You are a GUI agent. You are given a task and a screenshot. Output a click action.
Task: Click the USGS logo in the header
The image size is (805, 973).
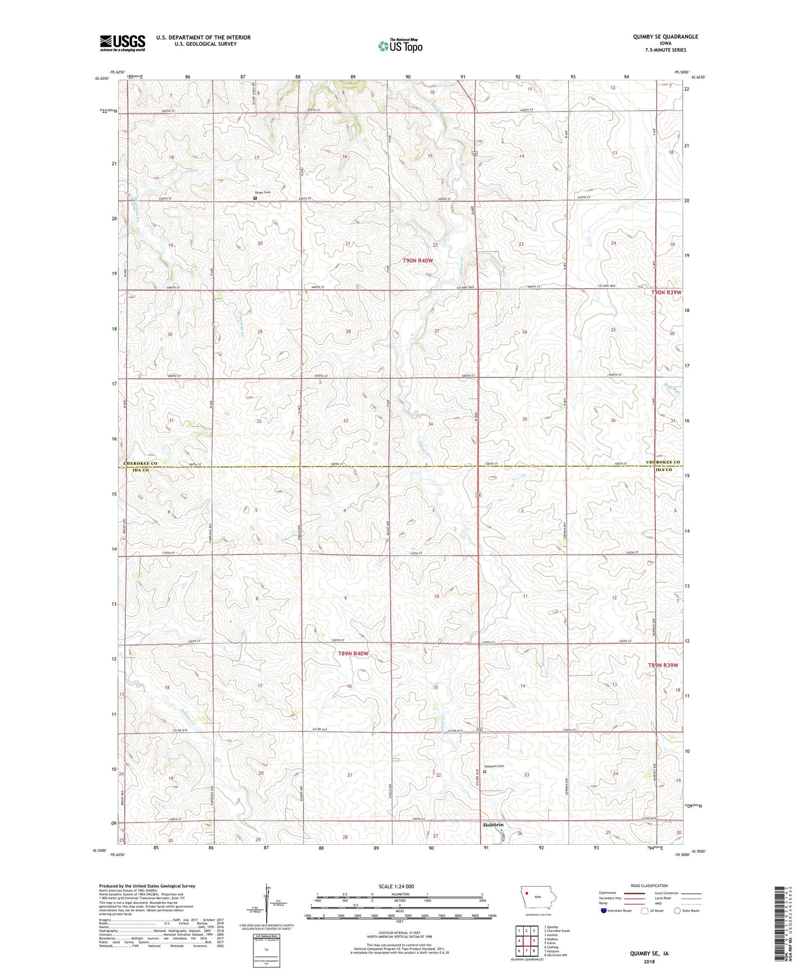pos(123,42)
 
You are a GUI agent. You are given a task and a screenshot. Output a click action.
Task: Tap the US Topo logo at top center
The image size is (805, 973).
pos(400,46)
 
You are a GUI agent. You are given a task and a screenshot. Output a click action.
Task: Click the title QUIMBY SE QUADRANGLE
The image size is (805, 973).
pos(665,37)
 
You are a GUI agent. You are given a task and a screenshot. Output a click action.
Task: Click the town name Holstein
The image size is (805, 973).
pos(493,825)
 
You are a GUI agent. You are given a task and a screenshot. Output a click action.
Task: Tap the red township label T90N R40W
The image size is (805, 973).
pos(418,261)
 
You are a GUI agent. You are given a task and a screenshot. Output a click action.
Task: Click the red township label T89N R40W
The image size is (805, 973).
pos(353,653)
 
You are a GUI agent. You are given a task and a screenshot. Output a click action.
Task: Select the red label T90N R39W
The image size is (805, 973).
pos(666,293)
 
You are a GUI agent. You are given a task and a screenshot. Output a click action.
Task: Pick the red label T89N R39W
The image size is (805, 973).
pos(663,665)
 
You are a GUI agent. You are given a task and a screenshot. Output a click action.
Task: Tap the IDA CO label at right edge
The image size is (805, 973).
pos(662,470)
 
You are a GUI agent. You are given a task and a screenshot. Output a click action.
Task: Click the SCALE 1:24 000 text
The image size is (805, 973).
pos(396,887)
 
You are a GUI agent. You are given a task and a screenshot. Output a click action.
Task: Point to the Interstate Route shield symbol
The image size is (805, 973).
pos(605,911)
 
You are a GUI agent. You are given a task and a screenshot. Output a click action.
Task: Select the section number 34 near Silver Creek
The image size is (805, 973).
pos(430,425)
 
